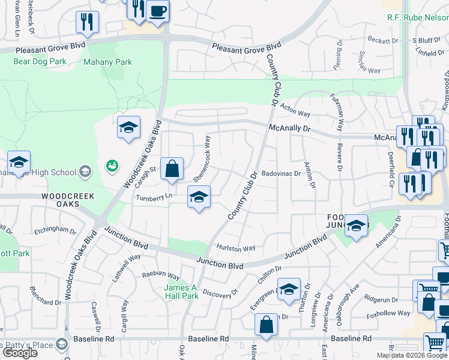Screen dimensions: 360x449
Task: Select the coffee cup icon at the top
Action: (157, 11)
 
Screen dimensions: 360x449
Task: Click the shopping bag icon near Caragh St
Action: (172, 169)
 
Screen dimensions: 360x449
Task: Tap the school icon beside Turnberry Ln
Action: (199, 197)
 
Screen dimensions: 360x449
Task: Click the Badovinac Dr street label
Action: (280, 174)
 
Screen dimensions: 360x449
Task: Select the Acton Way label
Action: (295, 111)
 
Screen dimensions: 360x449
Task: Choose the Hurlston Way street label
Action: (236, 248)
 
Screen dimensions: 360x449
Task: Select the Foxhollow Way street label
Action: (388, 313)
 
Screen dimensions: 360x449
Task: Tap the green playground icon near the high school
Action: (112, 166)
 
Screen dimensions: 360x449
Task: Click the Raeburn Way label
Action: (160, 275)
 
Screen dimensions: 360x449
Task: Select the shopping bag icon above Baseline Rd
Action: (266, 325)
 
